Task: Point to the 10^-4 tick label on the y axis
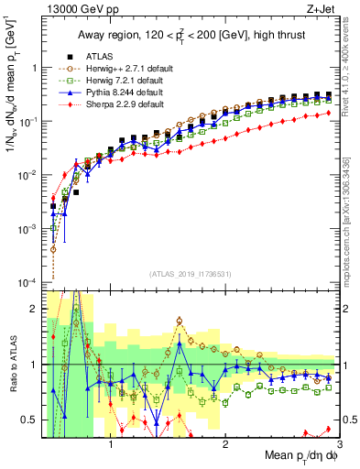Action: tap(29, 282)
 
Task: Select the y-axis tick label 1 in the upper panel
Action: tap(37, 68)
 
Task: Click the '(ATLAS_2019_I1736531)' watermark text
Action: tap(191, 273)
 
